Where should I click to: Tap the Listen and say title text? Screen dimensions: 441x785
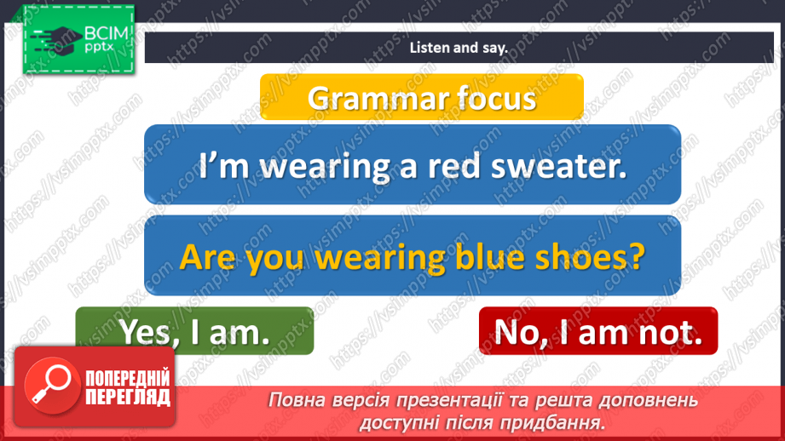(458, 48)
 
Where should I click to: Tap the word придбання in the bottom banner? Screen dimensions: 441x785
(563, 421)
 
